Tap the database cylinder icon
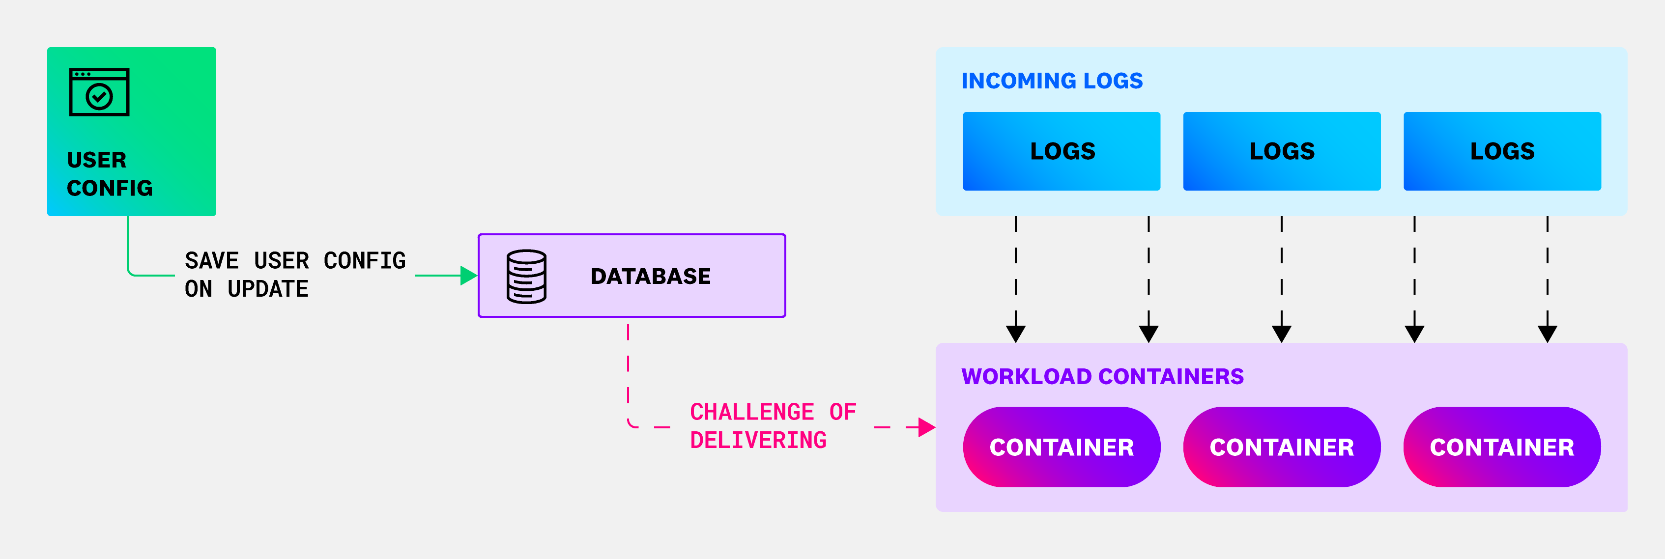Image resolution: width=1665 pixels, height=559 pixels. (x=526, y=276)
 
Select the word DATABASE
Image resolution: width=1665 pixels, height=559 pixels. (x=650, y=276)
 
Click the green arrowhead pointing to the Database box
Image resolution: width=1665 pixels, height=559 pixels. (x=468, y=275)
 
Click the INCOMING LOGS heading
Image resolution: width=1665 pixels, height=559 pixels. (x=1052, y=81)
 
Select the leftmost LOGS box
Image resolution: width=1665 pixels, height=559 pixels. (x=1062, y=151)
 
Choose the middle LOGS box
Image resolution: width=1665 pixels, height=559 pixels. (x=1282, y=151)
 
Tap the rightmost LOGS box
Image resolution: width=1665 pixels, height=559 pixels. (x=1502, y=151)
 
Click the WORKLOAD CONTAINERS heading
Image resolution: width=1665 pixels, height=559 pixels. (x=1102, y=376)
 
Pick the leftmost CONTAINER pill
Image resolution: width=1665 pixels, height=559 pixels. (x=1062, y=447)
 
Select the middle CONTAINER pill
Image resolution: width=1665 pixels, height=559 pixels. (x=1282, y=447)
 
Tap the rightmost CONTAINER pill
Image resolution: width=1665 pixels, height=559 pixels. (x=1502, y=447)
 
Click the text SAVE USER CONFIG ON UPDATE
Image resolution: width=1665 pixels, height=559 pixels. (x=295, y=274)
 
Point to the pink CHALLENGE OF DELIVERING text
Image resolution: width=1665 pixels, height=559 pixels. (x=773, y=426)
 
